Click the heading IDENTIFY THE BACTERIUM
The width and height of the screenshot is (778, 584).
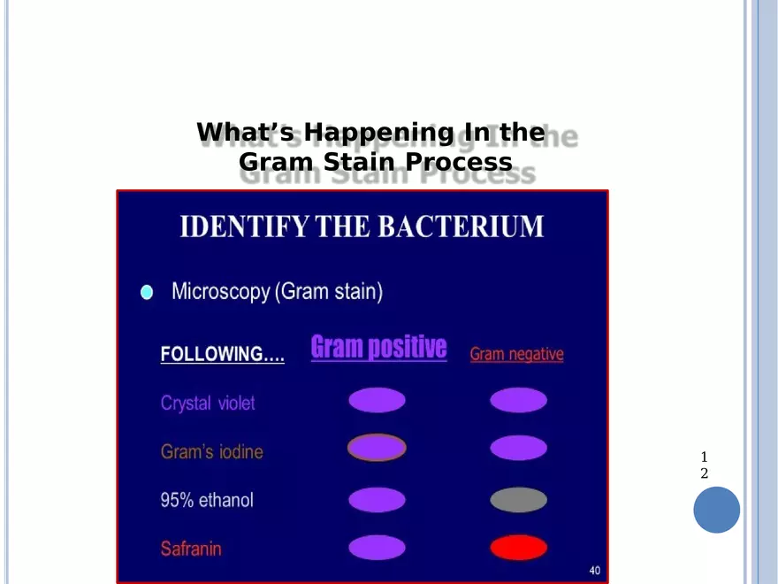point(362,227)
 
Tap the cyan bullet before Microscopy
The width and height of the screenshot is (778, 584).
point(147,292)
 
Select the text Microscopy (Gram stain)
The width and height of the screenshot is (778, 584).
point(277,291)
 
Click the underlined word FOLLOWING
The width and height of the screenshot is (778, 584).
point(222,355)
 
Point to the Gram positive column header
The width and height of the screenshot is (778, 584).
point(378,347)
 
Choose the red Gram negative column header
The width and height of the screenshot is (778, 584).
point(516,354)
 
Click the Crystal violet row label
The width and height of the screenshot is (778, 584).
point(208,403)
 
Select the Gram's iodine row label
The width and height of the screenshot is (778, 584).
point(211,452)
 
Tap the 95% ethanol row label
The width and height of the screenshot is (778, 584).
point(206,500)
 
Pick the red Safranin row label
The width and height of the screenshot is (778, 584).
point(191,549)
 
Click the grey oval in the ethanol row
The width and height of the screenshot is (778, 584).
point(519,500)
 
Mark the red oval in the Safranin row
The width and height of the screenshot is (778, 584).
point(519,548)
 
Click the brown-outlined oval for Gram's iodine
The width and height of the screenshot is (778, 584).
point(377,448)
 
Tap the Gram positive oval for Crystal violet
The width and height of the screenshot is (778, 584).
point(377,401)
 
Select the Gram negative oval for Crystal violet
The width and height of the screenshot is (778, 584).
point(519,401)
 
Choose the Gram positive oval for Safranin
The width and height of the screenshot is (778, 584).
point(377,548)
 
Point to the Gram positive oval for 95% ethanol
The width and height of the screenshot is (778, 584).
point(377,500)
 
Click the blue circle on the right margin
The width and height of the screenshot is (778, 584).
point(716,510)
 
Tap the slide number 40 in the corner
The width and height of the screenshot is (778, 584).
point(595,571)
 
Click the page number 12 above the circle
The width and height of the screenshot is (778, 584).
point(704,465)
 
